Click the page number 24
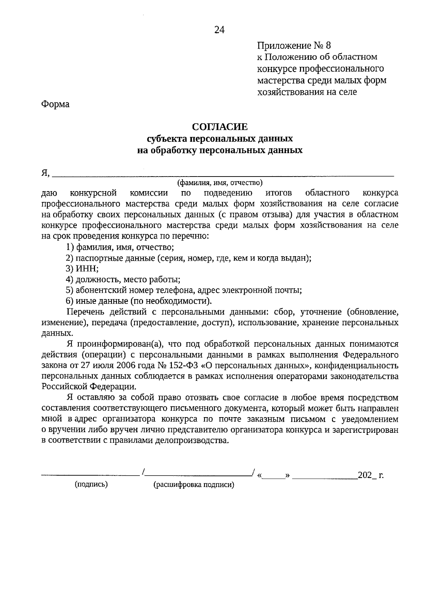tap(219, 30)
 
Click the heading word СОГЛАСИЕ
tap(220, 127)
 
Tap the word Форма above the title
tap(55, 104)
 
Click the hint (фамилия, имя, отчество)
tap(220, 183)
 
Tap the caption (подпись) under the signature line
tap(91, 484)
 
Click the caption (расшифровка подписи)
tap(194, 485)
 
